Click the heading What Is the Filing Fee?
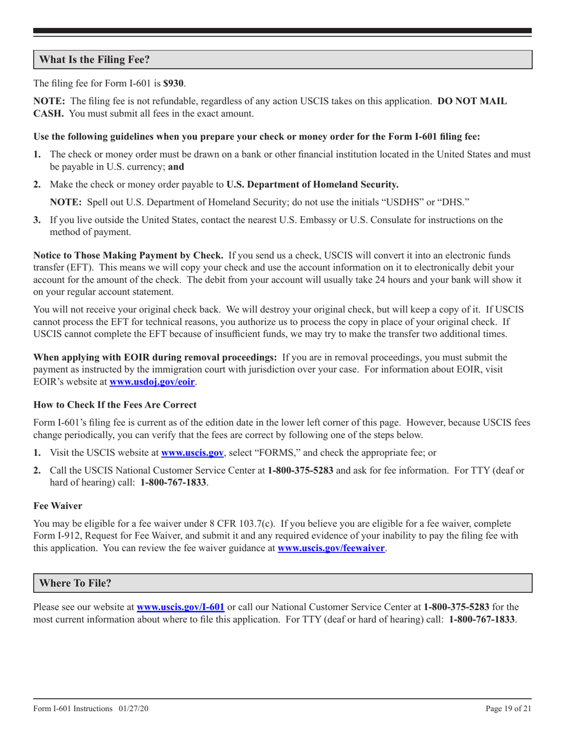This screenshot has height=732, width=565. point(95,60)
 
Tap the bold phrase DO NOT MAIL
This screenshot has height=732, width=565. point(472,102)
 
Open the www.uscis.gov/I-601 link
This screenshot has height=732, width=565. point(180,608)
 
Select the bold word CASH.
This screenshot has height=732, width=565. point(46,114)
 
